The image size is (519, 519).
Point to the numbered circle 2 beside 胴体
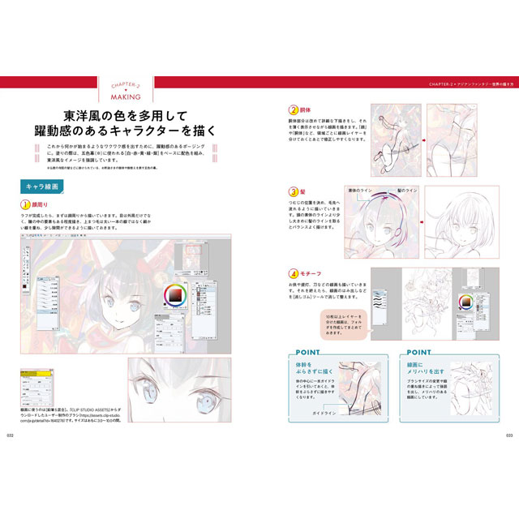click(x=294, y=109)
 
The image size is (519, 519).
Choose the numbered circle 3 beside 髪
click(x=294, y=191)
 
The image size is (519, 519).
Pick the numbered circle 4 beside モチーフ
click(x=294, y=274)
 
